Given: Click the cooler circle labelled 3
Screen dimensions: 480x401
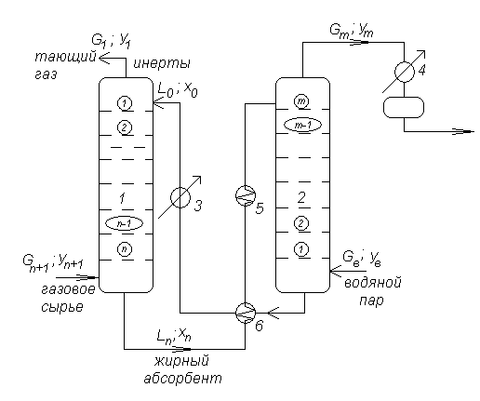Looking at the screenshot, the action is (180, 197).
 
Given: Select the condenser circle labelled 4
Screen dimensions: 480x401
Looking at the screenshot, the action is (405, 72).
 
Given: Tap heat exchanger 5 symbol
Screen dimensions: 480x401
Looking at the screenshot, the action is (246, 195).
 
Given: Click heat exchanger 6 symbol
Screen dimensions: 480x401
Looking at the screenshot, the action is (246, 313).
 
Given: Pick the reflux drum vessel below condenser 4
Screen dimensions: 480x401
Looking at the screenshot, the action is (404, 107).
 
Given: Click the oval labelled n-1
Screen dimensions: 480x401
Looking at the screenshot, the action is (125, 223).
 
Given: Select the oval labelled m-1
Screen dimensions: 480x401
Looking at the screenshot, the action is (303, 125).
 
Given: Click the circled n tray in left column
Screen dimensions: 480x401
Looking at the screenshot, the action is (125, 249).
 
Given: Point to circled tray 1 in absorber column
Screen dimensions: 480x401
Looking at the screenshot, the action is (125, 103).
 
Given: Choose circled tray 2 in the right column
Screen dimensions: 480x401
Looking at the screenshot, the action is (301, 223).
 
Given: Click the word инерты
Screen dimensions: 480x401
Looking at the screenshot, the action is (162, 63).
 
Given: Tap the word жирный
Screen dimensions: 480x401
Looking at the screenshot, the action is (181, 361).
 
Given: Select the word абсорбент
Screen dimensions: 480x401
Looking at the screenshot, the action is (182, 379).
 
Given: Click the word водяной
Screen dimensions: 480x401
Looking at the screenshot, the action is (373, 283).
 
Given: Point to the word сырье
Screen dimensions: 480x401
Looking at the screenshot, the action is (62, 307).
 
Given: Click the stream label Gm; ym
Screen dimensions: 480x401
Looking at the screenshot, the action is (352, 31).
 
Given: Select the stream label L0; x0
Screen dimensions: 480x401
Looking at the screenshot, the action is (178, 90).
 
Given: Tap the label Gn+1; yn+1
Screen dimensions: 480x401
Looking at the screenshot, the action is (53, 262).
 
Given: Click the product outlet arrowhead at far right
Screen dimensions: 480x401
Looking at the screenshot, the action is (468, 132).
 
